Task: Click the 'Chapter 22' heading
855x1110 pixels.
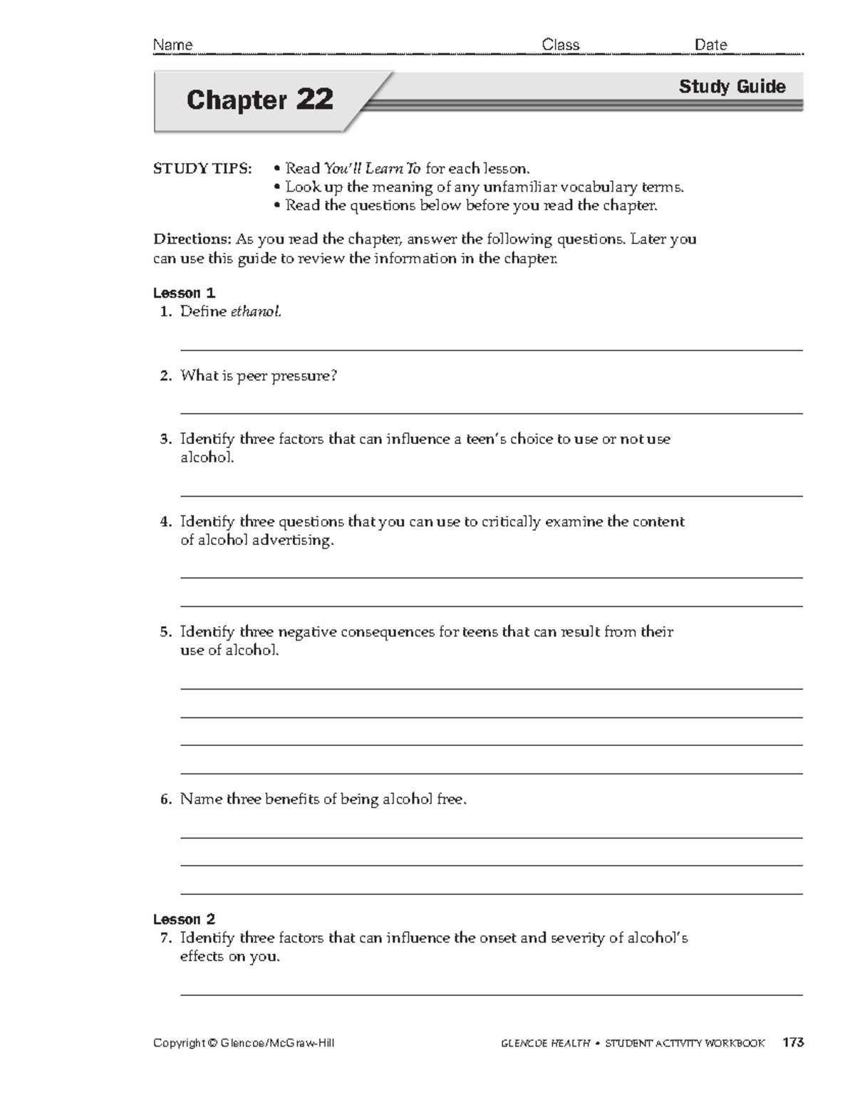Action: (259, 100)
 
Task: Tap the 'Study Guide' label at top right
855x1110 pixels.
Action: (732, 87)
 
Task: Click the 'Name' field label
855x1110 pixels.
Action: (173, 45)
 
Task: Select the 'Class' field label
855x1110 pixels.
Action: (561, 45)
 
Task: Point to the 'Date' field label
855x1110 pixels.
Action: (710, 45)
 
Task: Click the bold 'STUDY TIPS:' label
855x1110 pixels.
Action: (202, 169)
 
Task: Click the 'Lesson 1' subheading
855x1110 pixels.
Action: (184, 293)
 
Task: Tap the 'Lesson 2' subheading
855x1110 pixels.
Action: (184, 919)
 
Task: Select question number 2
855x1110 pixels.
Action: (165, 376)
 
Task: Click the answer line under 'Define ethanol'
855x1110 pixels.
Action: (492, 350)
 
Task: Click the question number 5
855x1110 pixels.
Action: (165, 632)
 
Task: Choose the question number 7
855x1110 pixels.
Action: (165, 938)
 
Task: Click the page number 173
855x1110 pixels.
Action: (792, 1043)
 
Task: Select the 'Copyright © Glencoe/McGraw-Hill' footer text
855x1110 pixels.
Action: (244, 1043)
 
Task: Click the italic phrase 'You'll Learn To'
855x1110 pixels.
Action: (373, 169)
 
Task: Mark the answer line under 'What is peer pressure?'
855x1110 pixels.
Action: (492, 413)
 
